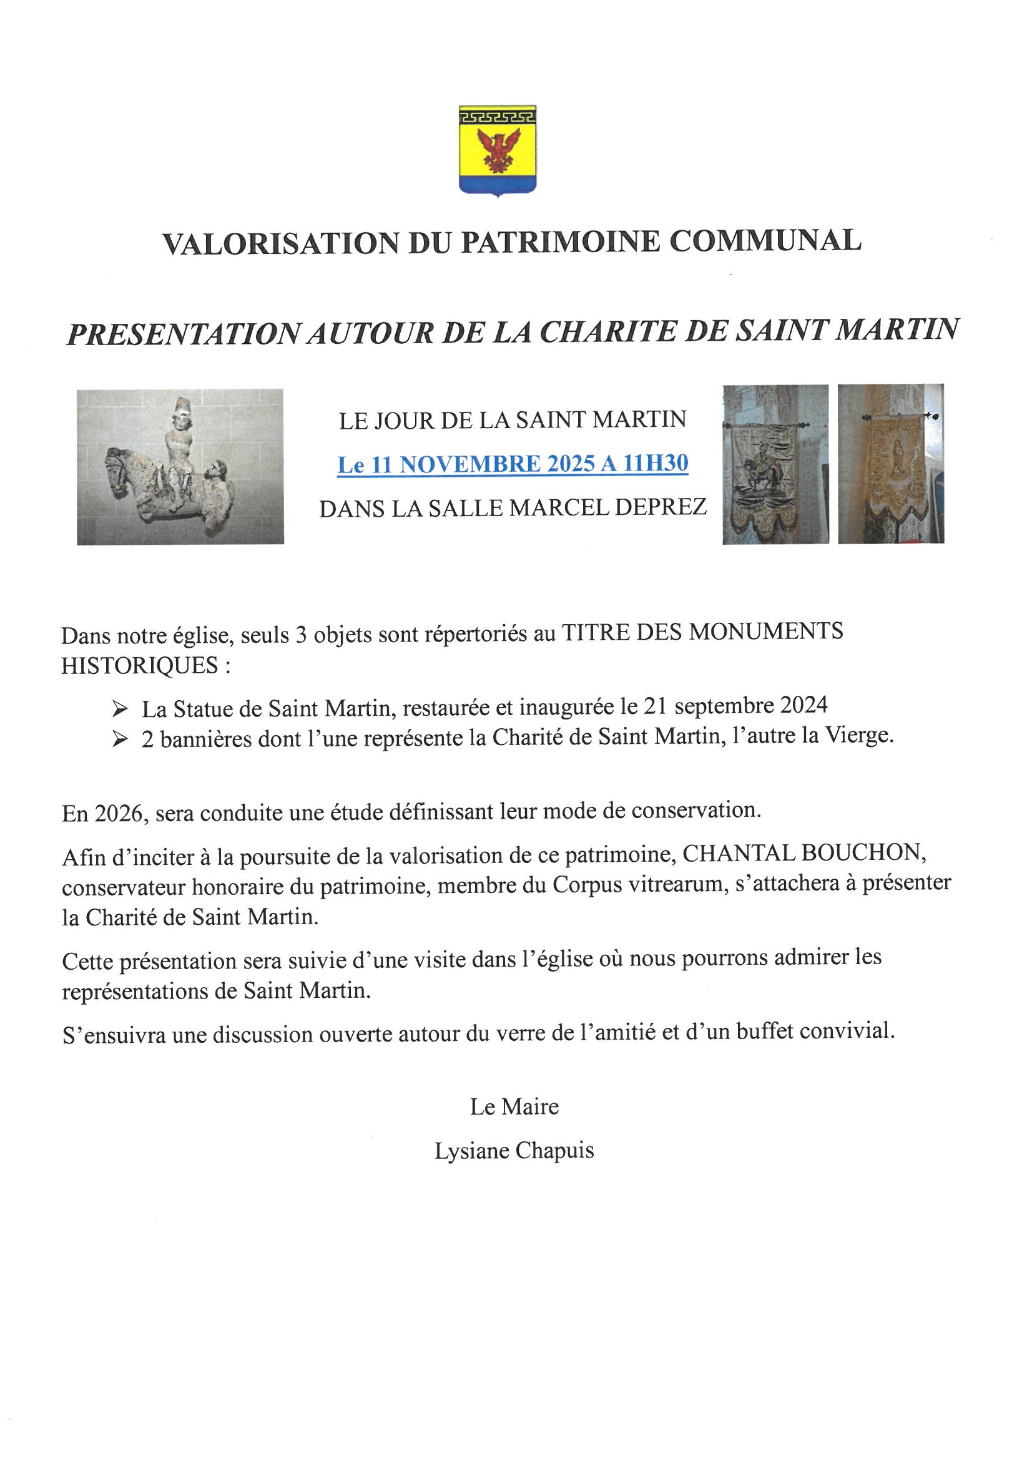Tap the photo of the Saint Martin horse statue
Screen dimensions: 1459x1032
[180, 467]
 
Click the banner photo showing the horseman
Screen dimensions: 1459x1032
[775, 464]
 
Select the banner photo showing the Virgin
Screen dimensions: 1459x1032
[890, 464]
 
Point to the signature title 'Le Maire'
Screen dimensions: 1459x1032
[514, 1107]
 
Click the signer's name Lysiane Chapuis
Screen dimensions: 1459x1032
[514, 1151]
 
